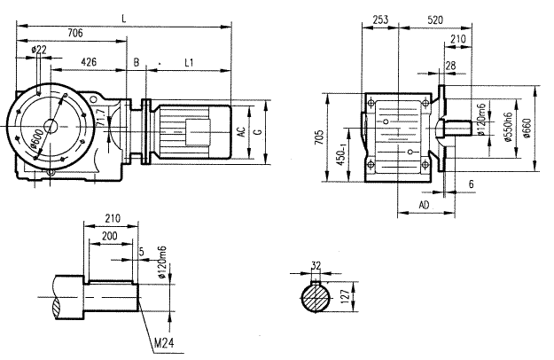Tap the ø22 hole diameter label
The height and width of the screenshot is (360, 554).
pyautogui.click(x=39, y=50)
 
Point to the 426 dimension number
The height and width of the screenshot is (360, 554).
pyautogui.click(x=89, y=63)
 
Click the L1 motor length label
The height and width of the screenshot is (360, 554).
pyautogui.click(x=190, y=63)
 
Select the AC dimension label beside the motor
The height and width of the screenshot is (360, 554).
pyautogui.click(x=241, y=132)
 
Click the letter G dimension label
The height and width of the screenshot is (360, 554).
pyautogui.click(x=257, y=132)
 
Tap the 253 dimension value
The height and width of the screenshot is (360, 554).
pyautogui.click(x=380, y=18)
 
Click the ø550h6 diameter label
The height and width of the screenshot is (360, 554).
pyautogui.click(x=506, y=129)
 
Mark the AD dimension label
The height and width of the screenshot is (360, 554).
pyautogui.click(x=424, y=204)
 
